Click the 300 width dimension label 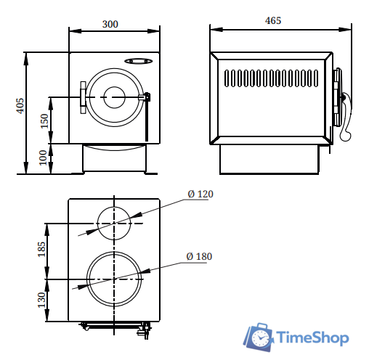point(110,24)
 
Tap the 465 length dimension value point(273,20)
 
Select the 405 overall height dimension point(20,106)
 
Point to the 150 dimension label point(44,121)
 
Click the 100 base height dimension point(43,157)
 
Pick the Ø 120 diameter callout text point(200,194)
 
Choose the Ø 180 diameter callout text point(199,256)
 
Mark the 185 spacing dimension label point(41,249)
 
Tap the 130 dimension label point(41,300)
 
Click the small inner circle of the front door point(114,87)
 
